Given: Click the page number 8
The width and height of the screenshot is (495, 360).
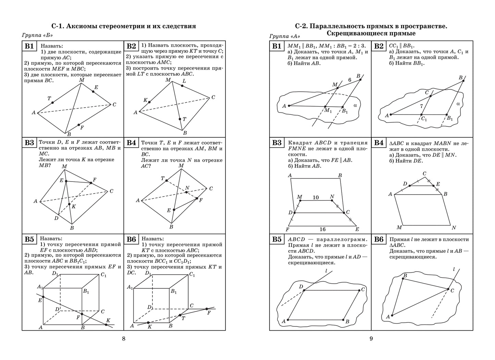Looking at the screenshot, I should click(x=124, y=339).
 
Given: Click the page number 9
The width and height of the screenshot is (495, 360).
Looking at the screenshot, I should click(x=371, y=339).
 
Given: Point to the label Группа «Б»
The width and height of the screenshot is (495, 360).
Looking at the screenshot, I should click(x=38, y=35).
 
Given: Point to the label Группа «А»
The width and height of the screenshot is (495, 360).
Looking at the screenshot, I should click(x=285, y=36).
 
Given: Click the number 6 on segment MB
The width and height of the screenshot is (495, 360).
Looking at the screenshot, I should click(x=350, y=80).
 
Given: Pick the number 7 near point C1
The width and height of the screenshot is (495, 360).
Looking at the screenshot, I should click(x=421, y=107).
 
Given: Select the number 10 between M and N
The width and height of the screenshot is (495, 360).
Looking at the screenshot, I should click(x=315, y=197).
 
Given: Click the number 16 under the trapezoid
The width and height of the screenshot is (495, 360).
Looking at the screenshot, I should click(x=322, y=229).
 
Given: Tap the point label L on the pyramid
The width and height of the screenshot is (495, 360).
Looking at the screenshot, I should click(x=184, y=81).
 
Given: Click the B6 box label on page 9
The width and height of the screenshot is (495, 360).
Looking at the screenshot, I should click(x=379, y=239).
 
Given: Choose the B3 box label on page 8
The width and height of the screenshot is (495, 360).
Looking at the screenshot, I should click(x=29, y=143).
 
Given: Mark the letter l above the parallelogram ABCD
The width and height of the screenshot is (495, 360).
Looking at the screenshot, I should click(x=326, y=271).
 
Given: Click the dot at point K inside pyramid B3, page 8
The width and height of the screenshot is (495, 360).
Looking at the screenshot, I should click(x=69, y=204).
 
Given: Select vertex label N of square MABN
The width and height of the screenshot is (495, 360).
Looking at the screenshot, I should click(x=454, y=228).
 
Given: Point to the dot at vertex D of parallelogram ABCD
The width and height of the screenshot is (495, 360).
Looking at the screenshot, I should click(x=304, y=291).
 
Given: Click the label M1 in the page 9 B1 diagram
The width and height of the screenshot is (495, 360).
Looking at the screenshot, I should click(x=328, y=110).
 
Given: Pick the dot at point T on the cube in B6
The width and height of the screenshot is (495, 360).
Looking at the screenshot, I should click(x=180, y=315).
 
